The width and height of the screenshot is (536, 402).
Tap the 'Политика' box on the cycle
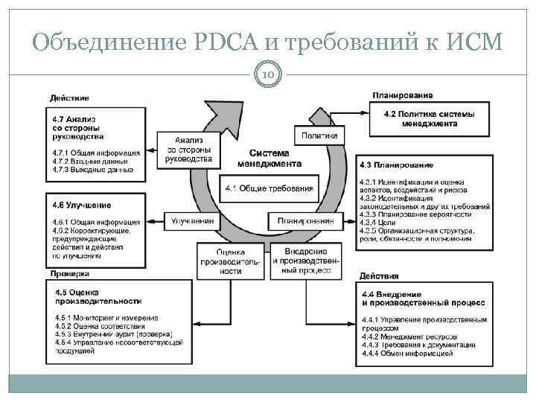[x=319, y=135]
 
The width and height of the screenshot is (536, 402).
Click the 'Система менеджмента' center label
[x=269, y=158]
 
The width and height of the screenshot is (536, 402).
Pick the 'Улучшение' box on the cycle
[x=193, y=220]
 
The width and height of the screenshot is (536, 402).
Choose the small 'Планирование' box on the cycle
[x=305, y=220]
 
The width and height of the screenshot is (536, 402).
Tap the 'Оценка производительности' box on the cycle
[x=230, y=261]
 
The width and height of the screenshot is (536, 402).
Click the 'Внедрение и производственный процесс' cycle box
[x=305, y=261]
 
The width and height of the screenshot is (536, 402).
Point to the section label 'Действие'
[x=69, y=98]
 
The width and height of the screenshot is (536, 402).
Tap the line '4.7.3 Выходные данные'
[x=92, y=170]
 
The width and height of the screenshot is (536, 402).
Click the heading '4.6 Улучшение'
[x=82, y=204]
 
